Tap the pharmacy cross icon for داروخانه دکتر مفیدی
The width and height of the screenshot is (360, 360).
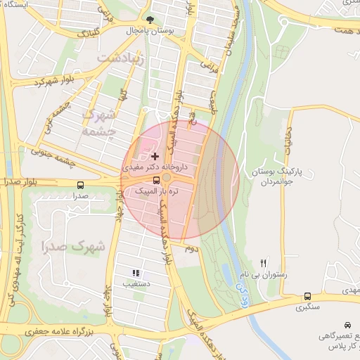(x=155, y=155)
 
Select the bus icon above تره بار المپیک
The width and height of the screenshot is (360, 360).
(x=155, y=179)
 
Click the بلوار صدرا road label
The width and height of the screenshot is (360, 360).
(x=21, y=180)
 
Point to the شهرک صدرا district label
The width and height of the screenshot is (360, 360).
(x=73, y=247)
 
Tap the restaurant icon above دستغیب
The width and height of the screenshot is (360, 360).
(x=136, y=273)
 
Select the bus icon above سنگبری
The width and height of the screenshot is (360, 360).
(x=307, y=297)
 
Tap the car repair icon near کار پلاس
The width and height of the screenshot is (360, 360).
(x=347, y=326)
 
